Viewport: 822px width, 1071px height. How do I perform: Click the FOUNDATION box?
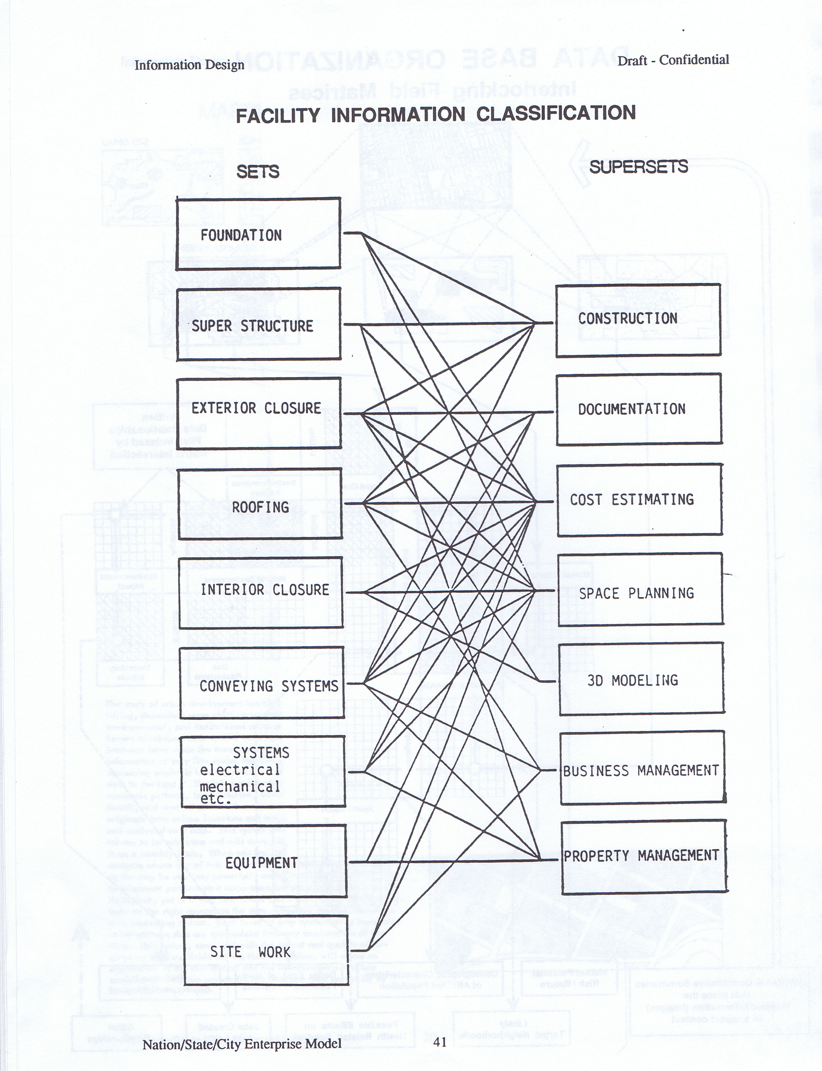[x=258, y=234]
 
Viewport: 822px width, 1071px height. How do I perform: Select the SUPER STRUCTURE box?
[x=258, y=324]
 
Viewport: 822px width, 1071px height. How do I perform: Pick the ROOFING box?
[x=260, y=504]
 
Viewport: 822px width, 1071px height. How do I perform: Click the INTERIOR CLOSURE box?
[x=261, y=593]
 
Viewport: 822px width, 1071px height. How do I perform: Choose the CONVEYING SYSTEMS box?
[x=262, y=683]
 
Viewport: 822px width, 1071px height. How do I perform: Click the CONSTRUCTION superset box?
[x=638, y=320]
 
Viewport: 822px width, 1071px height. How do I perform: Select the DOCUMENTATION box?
[x=639, y=409]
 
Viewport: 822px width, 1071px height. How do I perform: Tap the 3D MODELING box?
[x=642, y=679]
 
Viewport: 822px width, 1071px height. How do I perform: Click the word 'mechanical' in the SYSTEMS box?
[x=240, y=787]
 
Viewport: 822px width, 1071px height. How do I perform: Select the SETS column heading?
[x=258, y=172]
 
